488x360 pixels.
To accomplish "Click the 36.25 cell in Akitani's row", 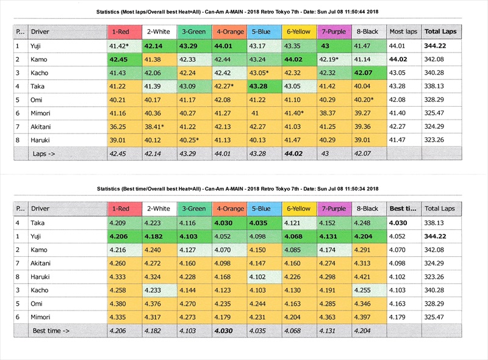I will coord(118,126).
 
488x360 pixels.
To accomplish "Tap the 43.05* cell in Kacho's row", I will coord(261,73).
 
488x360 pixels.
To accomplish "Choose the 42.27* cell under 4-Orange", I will coord(225,86).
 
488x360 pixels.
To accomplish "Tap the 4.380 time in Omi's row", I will coord(118,303).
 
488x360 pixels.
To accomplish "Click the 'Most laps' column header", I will coord(403,32).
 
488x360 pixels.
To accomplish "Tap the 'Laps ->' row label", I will coord(45,154).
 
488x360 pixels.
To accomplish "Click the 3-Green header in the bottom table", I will coord(193,209).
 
